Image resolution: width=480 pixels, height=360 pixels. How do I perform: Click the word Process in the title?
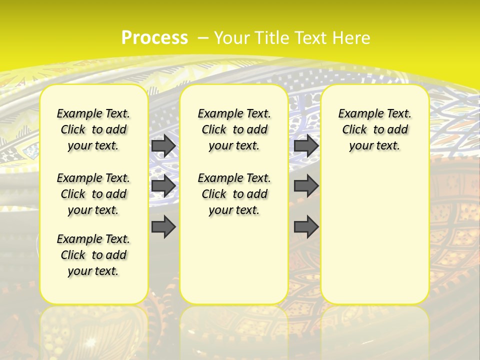coord(154,38)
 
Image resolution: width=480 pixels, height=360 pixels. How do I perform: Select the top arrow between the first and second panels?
coord(163,145)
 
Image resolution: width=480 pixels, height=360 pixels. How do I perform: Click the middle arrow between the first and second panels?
coord(163,186)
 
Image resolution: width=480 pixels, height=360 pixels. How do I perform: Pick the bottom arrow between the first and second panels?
coord(163,227)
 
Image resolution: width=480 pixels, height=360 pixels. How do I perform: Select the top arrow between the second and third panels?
coord(306,145)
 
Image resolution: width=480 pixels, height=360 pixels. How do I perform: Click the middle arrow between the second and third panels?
coord(306,186)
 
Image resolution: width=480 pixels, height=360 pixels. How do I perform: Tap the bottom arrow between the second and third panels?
coord(306,227)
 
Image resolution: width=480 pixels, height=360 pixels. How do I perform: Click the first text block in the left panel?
coord(93,130)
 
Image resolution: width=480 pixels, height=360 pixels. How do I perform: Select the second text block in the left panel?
coord(93,194)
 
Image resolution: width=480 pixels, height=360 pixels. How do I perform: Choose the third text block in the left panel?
coord(93,255)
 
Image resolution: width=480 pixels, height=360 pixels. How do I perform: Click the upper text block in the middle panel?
coord(234,130)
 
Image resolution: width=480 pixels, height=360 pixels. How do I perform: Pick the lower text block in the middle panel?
coord(234,194)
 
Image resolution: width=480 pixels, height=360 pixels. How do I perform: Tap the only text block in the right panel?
coord(374,130)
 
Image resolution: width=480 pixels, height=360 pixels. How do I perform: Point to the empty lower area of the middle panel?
coord(234,260)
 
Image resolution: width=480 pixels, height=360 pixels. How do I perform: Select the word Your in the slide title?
coord(232,38)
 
